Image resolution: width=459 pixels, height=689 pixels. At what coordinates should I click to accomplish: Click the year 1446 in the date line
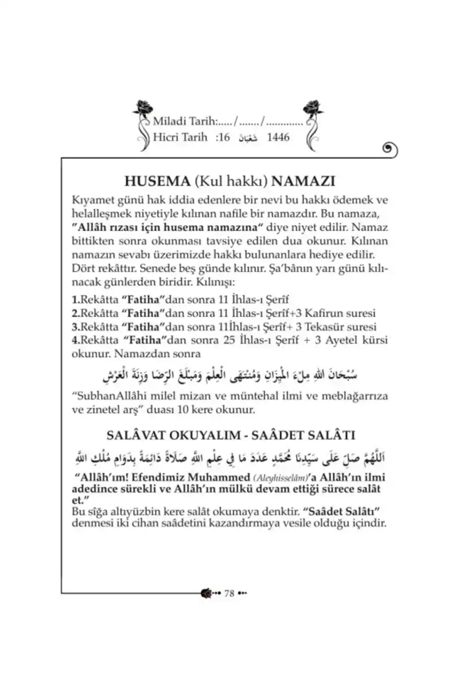[x=278, y=138]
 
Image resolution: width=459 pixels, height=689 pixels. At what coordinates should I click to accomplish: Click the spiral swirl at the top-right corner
[x=389, y=149]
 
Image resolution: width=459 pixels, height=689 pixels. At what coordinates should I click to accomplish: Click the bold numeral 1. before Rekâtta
[x=75, y=300]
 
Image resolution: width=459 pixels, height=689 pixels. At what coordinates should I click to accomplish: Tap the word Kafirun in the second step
[x=318, y=313]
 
